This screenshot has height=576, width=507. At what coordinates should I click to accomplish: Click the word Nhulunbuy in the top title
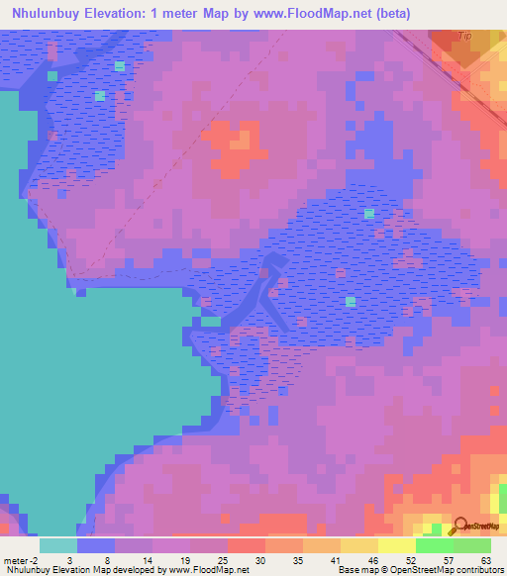point(53,13)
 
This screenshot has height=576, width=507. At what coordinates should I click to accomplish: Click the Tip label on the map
point(464,36)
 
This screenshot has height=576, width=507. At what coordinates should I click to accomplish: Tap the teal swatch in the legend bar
point(58,545)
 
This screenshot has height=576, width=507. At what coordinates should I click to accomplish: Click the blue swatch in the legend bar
point(96,545)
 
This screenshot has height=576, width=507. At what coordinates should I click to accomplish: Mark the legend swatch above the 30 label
point(247,545)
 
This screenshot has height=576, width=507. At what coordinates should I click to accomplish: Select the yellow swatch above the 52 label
point(397,545)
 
